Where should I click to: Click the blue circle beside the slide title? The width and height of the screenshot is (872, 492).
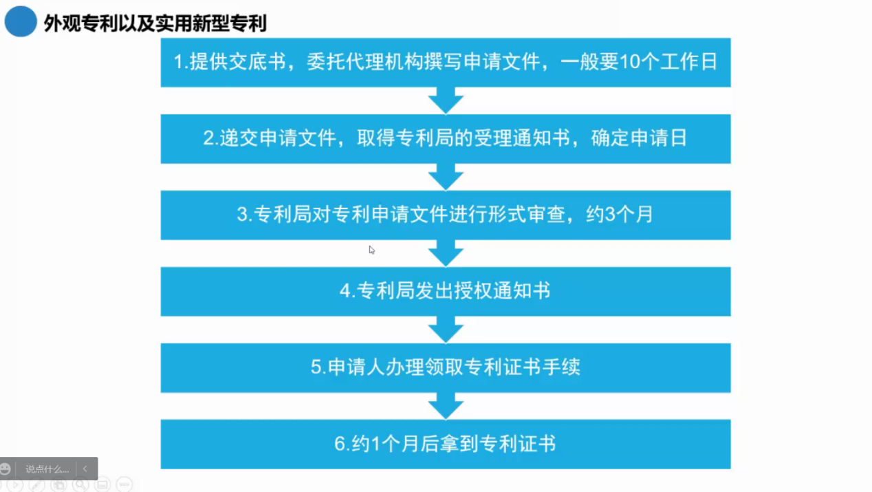pos(21,21)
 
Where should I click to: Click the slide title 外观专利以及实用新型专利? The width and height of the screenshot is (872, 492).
pos(155,24)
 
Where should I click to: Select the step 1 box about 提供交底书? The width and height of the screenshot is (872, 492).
pos(446,62)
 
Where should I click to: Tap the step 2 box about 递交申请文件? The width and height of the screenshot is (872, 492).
pos(446,138)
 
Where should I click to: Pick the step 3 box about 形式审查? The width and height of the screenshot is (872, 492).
pos(446,215)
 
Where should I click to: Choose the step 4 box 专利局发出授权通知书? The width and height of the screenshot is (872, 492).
pos(446,291)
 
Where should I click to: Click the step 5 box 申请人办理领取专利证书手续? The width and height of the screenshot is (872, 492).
pos(446,367)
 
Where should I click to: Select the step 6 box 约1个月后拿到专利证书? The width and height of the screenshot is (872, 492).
pos(446,444)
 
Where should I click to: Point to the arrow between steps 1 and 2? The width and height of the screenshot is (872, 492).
pos(446,100)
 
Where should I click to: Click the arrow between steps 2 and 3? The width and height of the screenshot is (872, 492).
pos(446,177)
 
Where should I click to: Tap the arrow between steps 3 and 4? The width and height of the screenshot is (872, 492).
pos(446,253)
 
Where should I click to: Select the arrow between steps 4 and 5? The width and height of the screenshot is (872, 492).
pos(446,330)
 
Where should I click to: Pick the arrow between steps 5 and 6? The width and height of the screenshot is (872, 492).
pos(446,406)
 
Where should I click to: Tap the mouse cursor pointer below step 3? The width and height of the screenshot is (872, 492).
pos(371,250)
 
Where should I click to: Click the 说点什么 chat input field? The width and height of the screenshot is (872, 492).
pos(47,469)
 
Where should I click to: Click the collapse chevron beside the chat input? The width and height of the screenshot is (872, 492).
pos(85,469)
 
